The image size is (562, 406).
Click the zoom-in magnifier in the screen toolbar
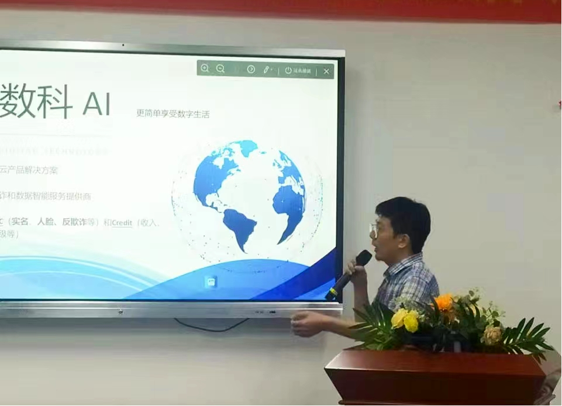coord(205,68)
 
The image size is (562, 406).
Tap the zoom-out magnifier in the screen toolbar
coord(220,68)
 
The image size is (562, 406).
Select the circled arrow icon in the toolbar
coord(251,69)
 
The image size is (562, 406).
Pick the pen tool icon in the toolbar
coord(267,70)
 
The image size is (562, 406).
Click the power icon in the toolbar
coord(288,70)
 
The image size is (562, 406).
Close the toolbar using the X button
coord(326,71)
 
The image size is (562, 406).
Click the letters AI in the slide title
coord(96,104)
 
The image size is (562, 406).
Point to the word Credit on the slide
coord(122,222)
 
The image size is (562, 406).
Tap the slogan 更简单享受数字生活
coord(173,113)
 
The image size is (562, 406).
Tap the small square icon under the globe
coord(211,281)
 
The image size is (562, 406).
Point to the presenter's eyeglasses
coord(374,229)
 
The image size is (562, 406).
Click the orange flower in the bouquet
coord(444,302)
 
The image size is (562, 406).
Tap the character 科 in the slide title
coord(53,101)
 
